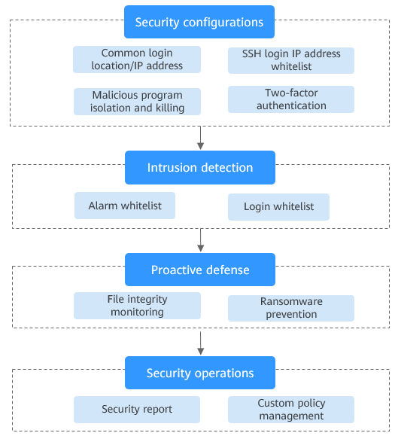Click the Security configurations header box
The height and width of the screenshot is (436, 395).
(x=199, y=22)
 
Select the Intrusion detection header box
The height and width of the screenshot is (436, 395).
(x=200, y=167)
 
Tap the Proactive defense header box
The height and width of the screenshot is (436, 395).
(x=200, y=270)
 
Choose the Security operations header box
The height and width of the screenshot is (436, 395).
(x=200, y=373)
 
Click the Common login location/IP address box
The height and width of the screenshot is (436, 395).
(x=137, y=59)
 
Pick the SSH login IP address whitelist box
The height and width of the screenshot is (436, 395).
(x=291, y=60)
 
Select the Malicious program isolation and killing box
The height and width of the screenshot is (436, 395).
(x=137, y=102)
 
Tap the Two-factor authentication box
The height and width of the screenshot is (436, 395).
(x=291, y=99)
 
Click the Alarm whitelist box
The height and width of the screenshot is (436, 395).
(x=125, y=206)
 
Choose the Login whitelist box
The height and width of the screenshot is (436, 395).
(x=278, y=207)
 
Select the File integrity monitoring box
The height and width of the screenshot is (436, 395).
(x=137, y=306)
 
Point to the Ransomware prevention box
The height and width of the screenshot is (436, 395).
(x=291, y=308)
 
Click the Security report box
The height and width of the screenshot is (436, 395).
(x=137, y=410)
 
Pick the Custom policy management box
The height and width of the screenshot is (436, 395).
(x=291, y=410)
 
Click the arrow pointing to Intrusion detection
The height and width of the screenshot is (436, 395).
(x=201, y=138)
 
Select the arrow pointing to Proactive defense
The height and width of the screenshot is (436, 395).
(x=201, y=240)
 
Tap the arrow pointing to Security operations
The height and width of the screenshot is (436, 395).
(x=201, y=343)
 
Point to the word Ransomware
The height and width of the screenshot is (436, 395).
(x=291, y=301)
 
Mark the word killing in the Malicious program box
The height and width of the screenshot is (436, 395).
(x=170, y=108)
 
